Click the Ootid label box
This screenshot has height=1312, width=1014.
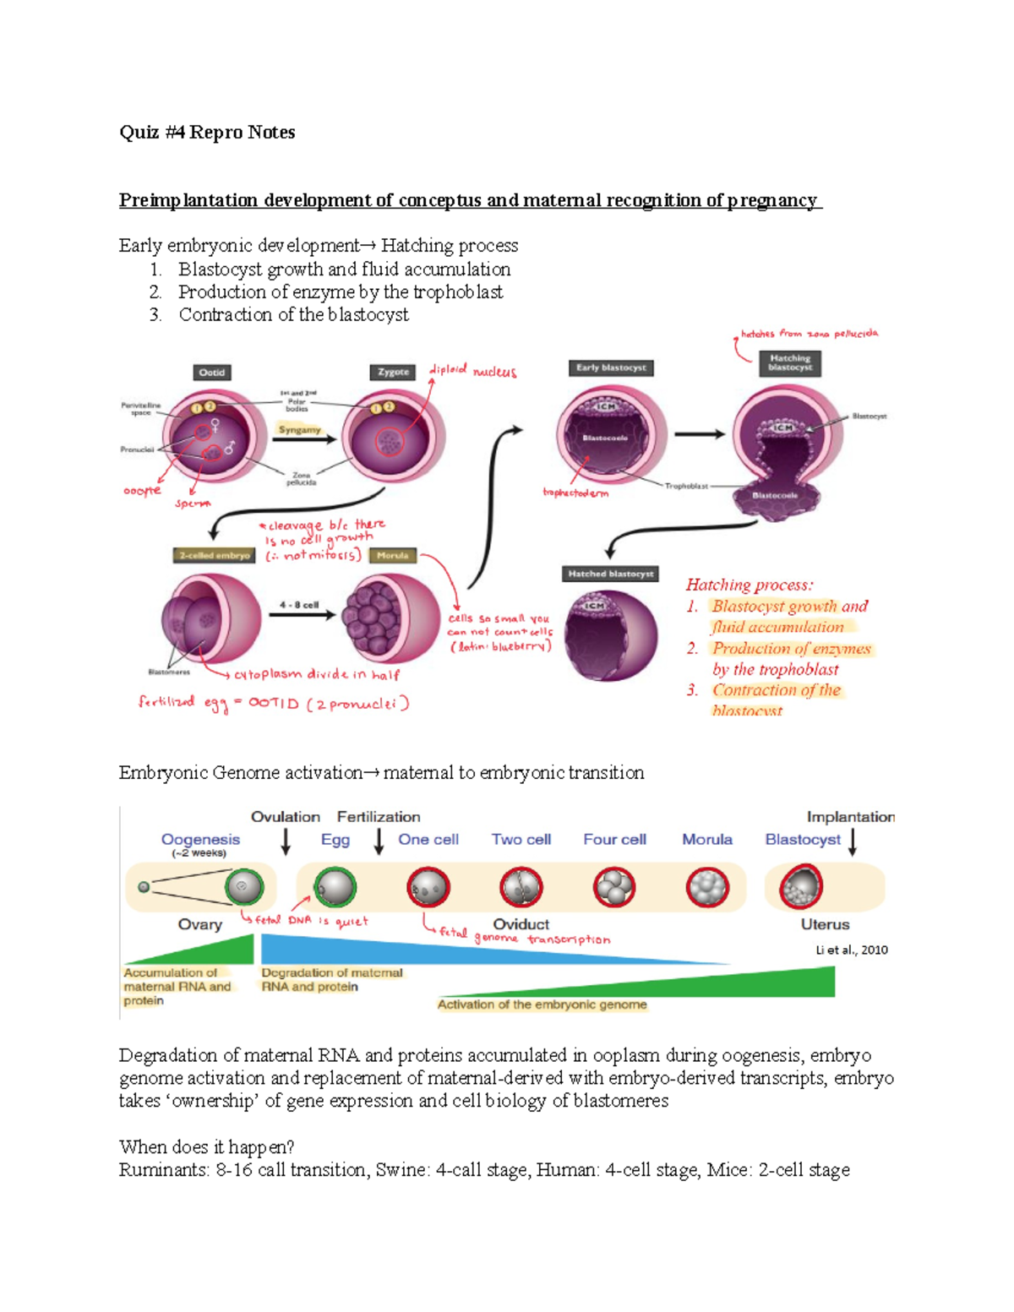coord(212,373)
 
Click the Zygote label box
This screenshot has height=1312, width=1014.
coord(393,372)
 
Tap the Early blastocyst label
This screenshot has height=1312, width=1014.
coord(611,367)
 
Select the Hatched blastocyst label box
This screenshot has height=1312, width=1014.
coord(611,574)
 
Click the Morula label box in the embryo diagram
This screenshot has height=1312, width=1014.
coord(392,555)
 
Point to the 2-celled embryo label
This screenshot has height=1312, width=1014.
coord(215,555)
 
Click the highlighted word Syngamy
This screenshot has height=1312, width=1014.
coord(300,430)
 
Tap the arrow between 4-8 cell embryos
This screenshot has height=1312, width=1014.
coord(302,615)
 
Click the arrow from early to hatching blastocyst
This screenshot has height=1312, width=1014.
coord(700,434)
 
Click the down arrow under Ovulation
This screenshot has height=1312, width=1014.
coord(286,841)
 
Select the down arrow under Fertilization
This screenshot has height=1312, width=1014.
coord(379,841)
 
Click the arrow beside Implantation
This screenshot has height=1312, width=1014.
coord(853,841)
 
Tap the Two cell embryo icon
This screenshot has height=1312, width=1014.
coord(521,888)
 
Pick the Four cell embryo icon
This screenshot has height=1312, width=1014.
coord(613,888)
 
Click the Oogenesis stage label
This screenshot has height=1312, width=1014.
coord(200,840)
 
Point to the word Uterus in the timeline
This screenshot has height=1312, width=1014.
coord(825,924)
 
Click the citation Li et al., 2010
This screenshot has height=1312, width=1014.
coord(852,950)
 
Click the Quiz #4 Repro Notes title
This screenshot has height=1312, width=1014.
coord(207,133)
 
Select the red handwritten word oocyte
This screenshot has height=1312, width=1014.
coord(142,491)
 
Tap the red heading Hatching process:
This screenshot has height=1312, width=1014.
coord(750,585)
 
